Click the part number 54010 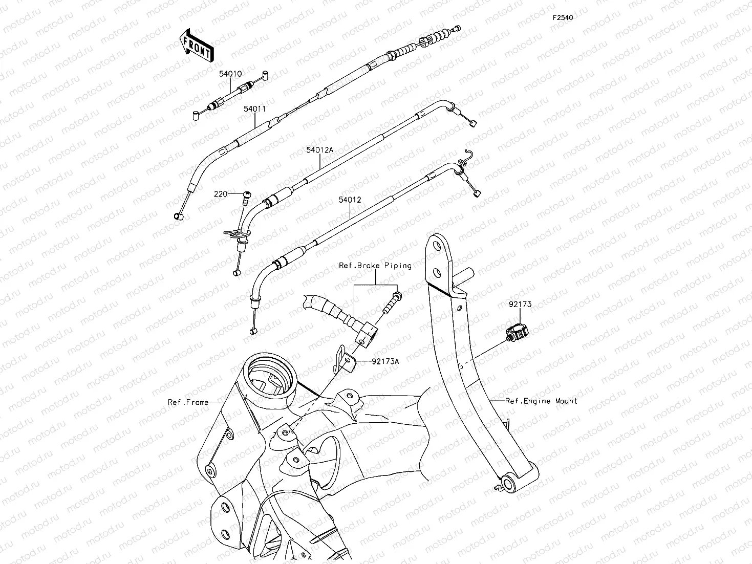point(230,74)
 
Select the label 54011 point(254,109)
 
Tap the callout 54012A point(319,150)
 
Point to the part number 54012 point(350,200)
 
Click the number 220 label point(220,194)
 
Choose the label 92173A point(385,361)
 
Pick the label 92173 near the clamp point(520,304)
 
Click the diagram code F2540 point(563,17)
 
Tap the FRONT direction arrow point(196,46)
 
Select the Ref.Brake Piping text point(375,266)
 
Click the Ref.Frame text point(188,402)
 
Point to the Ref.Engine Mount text point(541,401)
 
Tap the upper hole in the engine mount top point(437,247)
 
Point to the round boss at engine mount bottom point(509,485)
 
